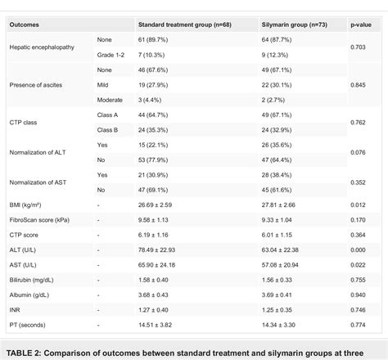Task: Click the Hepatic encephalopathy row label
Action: coord(42,47)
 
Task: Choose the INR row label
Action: coord(15,309)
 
